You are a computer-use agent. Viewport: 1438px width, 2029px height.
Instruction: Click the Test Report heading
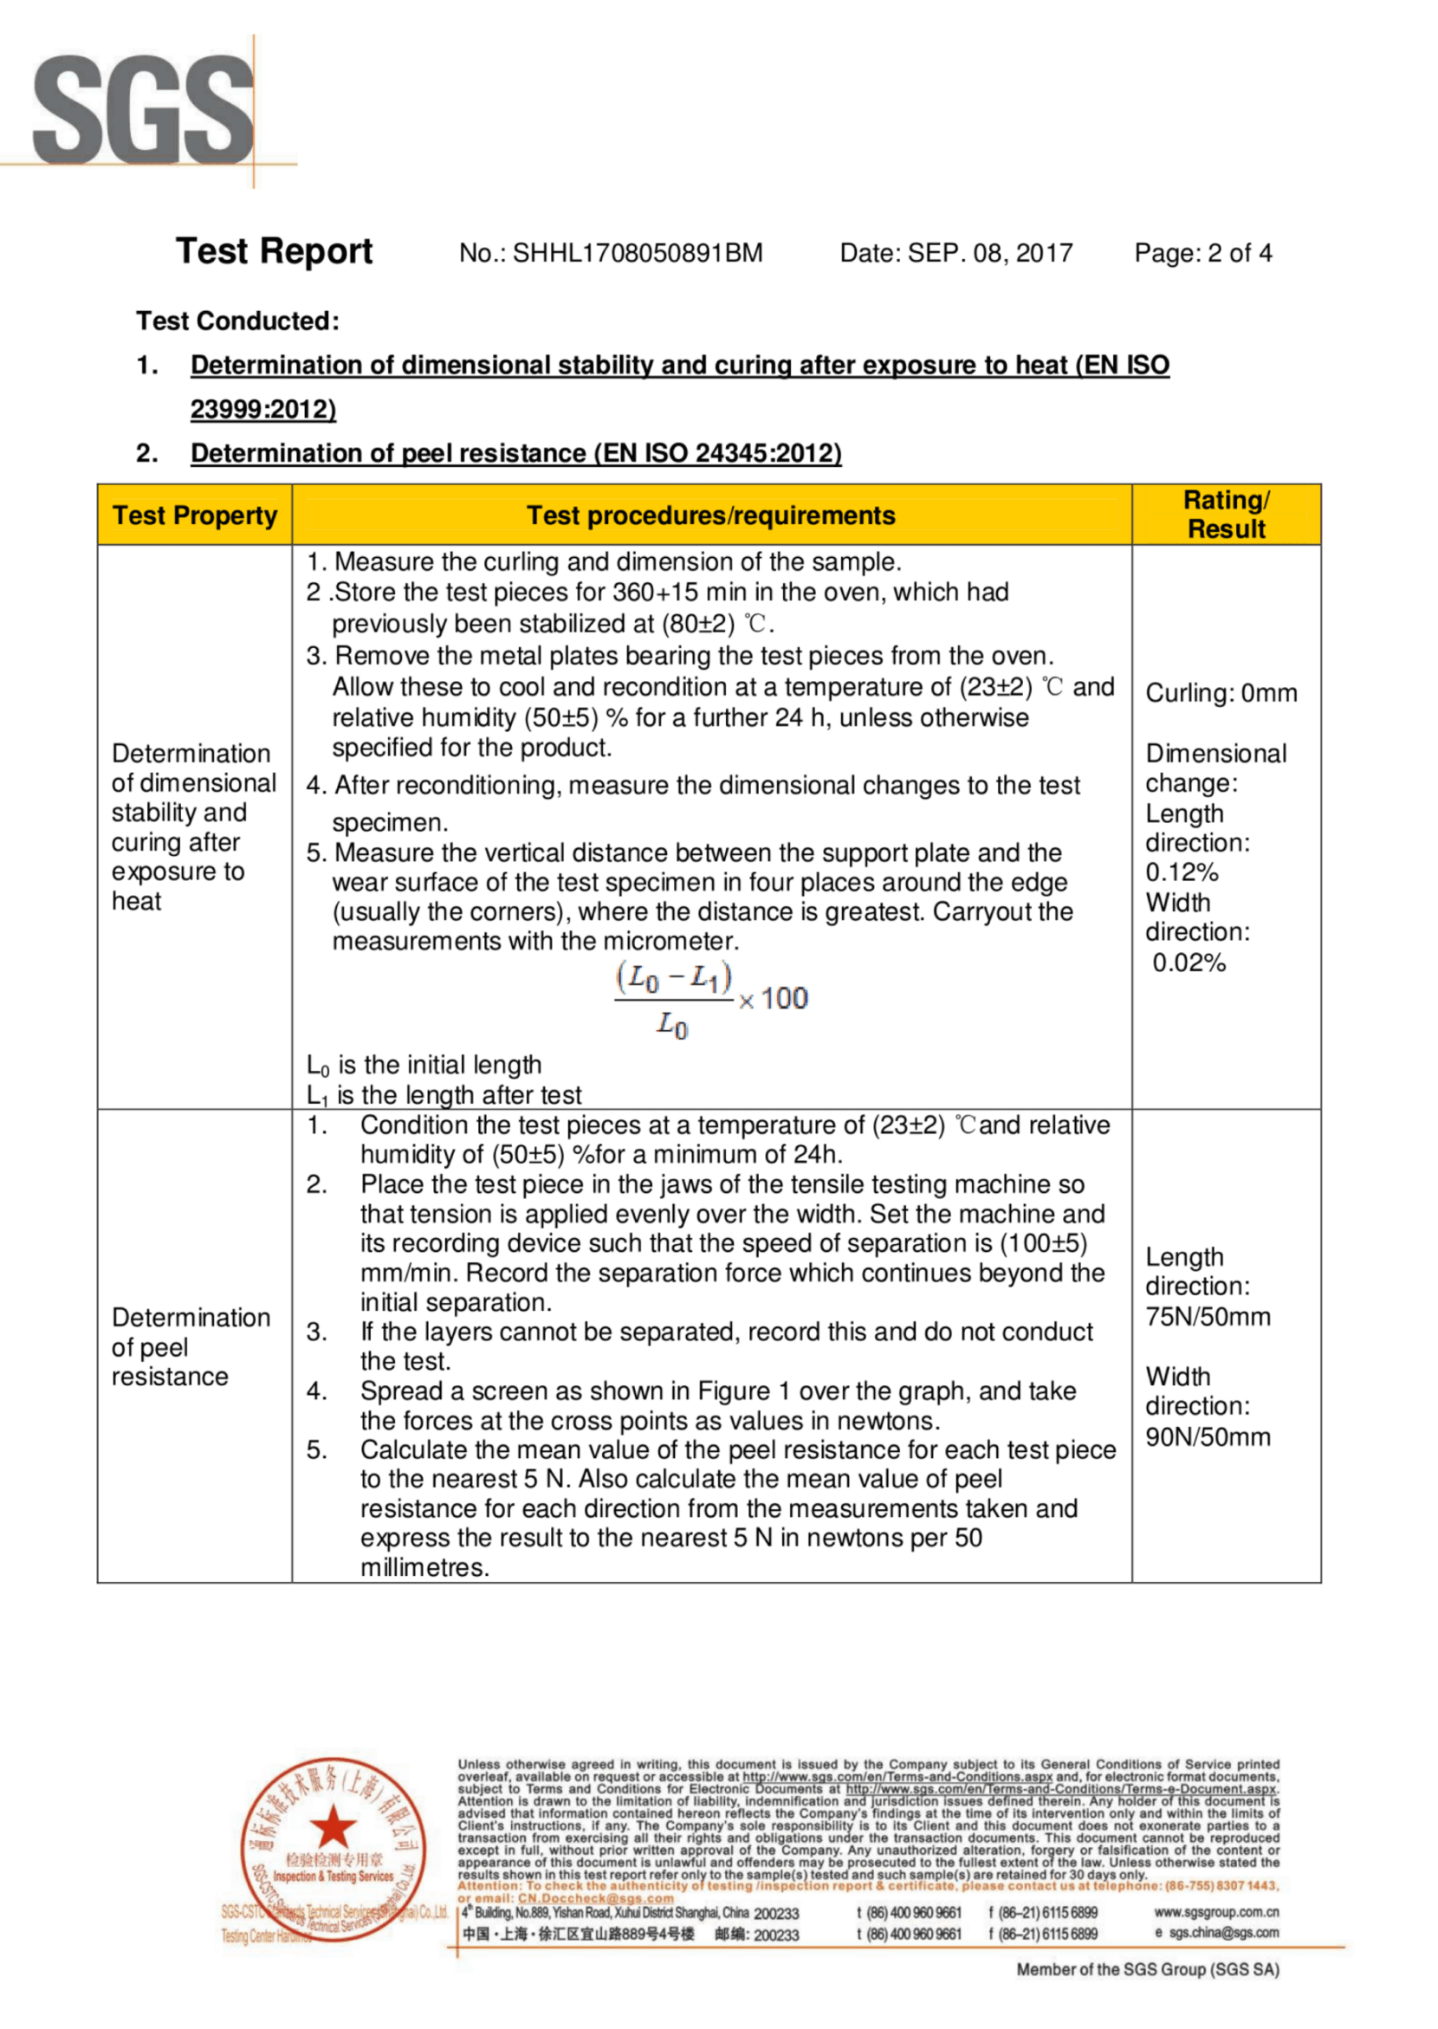(x=274, y=251)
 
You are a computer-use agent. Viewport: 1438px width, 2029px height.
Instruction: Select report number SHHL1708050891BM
(x=637, y=253)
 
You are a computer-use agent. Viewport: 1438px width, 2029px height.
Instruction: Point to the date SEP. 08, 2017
(x=990, y=253)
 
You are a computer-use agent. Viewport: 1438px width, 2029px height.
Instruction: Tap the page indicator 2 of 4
(x=1239, y=253)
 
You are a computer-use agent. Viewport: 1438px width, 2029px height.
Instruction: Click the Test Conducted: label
(x=237, y=321)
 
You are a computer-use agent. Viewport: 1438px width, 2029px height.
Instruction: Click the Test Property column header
(x=195, y=515)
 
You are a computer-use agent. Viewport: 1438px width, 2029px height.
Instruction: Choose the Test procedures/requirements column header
(x=711, y=515)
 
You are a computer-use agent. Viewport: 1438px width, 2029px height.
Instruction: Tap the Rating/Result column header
(x=1227, y=515)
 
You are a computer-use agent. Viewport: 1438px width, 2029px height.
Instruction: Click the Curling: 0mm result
(x=1221, y=693)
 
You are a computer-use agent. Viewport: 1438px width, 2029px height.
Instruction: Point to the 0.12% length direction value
(x=1182, y=872)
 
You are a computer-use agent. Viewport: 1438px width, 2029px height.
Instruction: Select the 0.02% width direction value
(x=1189, y=963)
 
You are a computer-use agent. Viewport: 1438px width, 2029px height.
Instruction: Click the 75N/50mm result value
(x=1208, y=1317)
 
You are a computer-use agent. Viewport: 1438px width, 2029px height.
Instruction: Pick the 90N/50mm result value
(x=1208, y=1436)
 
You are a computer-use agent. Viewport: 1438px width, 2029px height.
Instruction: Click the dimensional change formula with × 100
(x=711, y=1001)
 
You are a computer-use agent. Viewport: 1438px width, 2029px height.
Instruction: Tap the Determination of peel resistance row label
(x=191, y=1347)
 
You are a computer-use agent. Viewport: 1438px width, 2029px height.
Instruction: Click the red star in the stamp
(x=333, y=1827)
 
